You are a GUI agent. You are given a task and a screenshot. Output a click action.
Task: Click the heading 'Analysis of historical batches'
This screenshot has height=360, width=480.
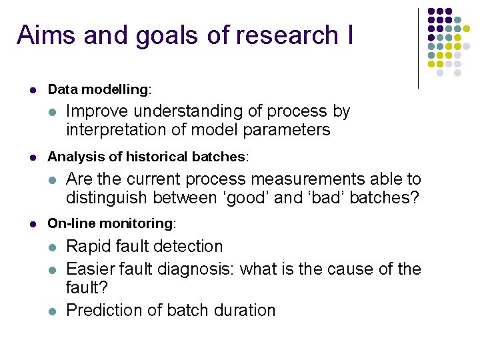(x=147, y=157)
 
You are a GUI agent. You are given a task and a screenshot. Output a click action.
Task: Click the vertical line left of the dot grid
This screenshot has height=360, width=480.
(x=418, y=48)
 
